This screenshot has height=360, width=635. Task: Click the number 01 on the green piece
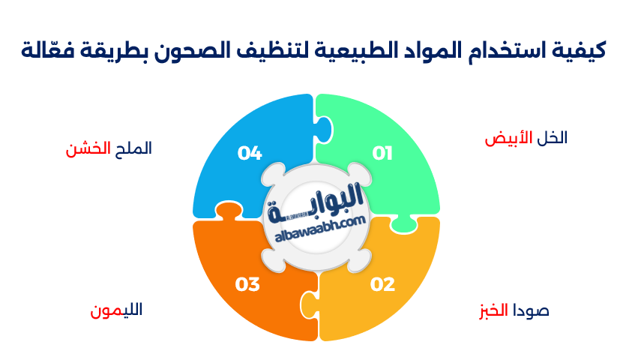pos(382,154)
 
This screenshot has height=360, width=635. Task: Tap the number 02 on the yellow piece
pos(382,284)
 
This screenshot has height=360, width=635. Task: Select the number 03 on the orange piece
pos(247,284)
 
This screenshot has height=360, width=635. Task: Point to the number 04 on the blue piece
pos(250,154)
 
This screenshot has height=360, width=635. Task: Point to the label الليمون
pos(116,310)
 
